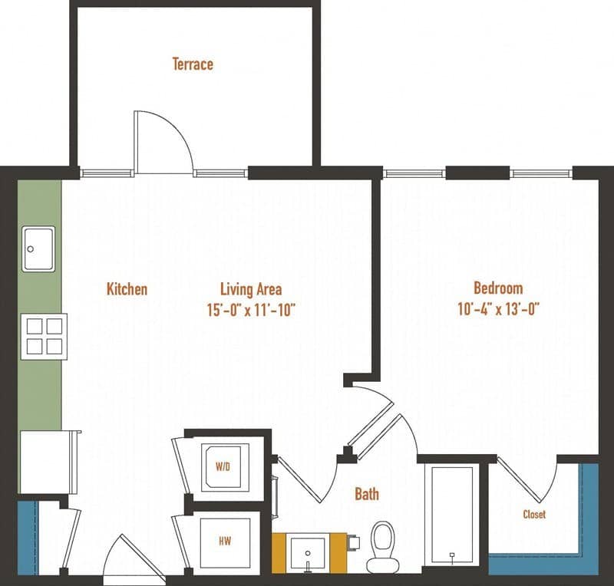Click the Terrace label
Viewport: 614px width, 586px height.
tap(193, 64)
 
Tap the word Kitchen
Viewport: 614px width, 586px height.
tap(127, 289)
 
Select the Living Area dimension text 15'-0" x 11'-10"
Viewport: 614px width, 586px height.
tap(251, 310)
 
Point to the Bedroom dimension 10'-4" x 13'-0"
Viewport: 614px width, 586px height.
tap(498, 309)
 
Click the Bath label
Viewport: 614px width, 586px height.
tap(366, 494)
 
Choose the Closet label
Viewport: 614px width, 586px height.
tap(534, 514)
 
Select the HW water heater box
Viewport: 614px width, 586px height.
tap(225, 542)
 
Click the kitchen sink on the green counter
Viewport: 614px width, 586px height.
tap(38, 249)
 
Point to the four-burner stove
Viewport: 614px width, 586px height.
tap(44, 337)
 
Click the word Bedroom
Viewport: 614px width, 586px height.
tap(498, 288)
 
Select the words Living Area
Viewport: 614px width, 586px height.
tap(251, 289)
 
